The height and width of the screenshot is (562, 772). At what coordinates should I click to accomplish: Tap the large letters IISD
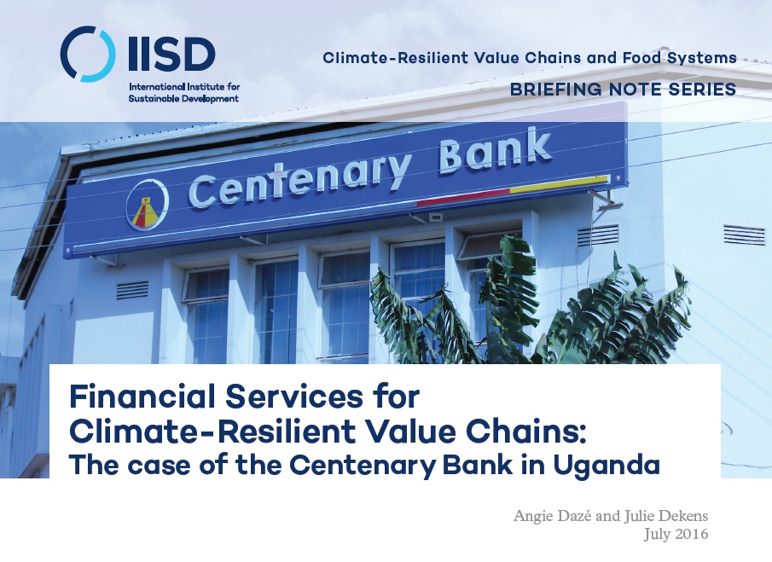[171, 54]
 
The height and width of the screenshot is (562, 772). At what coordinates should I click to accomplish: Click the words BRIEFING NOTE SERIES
[623, 89]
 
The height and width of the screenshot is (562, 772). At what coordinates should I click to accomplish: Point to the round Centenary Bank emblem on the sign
[148, 205]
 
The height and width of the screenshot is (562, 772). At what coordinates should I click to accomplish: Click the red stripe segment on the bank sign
[463, 196]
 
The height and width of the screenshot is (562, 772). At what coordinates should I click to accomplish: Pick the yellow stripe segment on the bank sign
[559, 184]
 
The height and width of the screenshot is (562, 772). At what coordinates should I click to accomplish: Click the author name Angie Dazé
[553, 516]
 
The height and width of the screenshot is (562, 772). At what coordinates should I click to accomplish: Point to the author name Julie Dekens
[666, 516]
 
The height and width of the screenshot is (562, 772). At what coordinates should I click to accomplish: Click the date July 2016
[676, 534]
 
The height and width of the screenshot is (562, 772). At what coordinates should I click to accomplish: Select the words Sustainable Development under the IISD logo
[183, 98]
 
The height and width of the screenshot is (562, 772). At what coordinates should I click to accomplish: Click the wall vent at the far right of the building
[744, 235]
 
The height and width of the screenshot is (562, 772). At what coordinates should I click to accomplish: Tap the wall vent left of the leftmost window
[132, 290]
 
